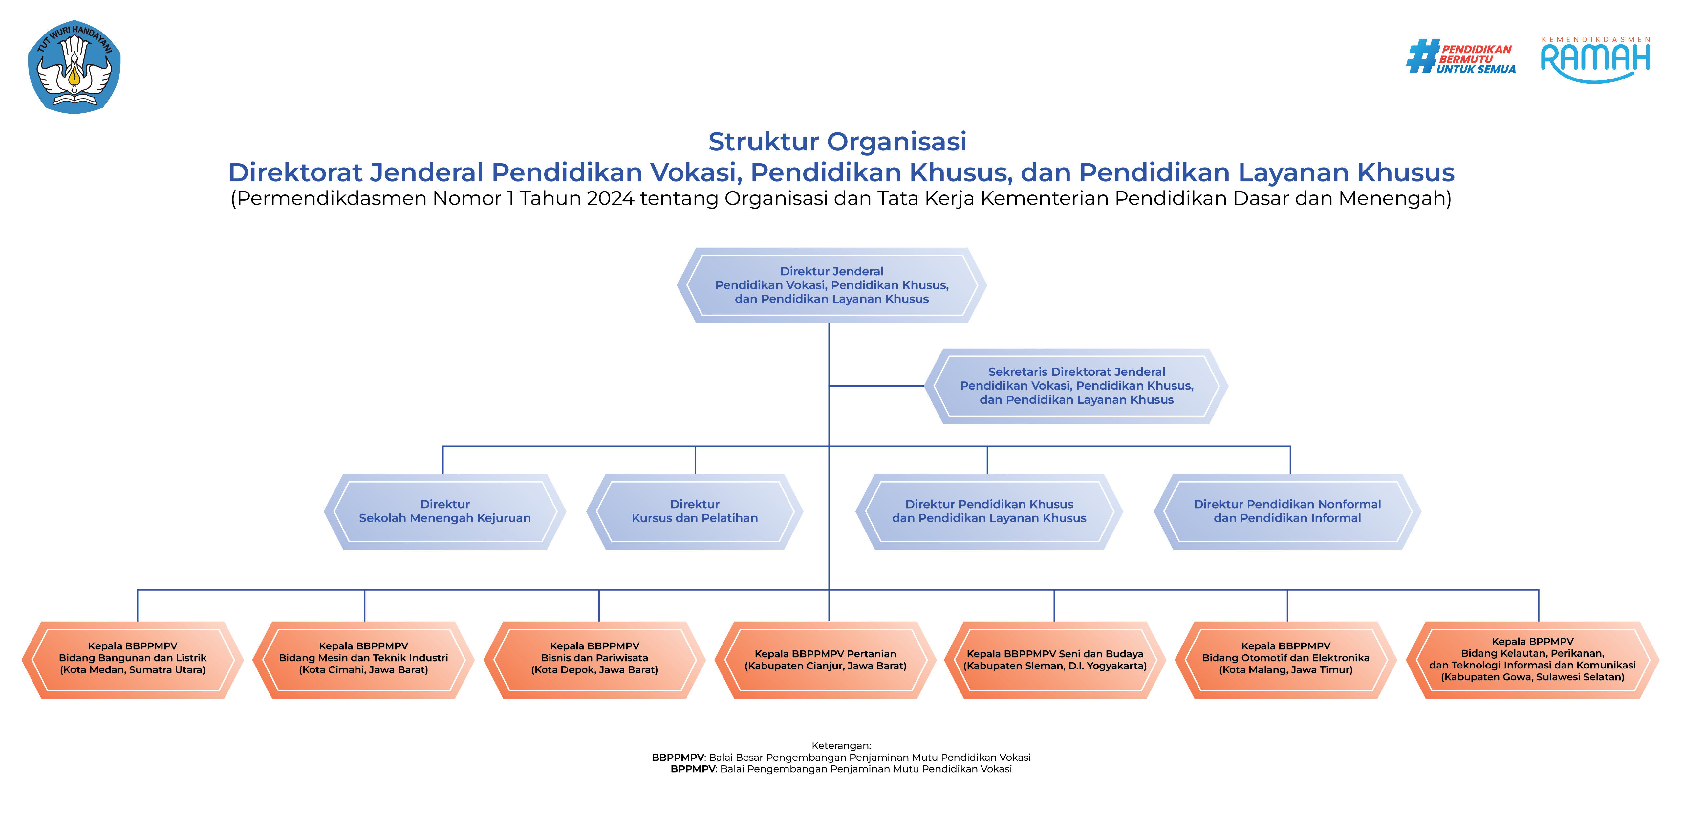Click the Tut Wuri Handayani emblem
click(x=75, y=67)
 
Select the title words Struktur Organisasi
click(x=837, y=141)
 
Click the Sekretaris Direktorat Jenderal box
click(x=1076, y=386)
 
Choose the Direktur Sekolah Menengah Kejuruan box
click(x=444, y=511)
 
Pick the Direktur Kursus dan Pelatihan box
click(x=695, y=511)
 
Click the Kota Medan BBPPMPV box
click(x=133, y=658)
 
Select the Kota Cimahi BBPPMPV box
click(x=363, y=658)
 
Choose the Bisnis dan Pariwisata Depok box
click(x=594, y=658)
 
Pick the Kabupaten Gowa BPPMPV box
click(x=1532, y=659)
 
